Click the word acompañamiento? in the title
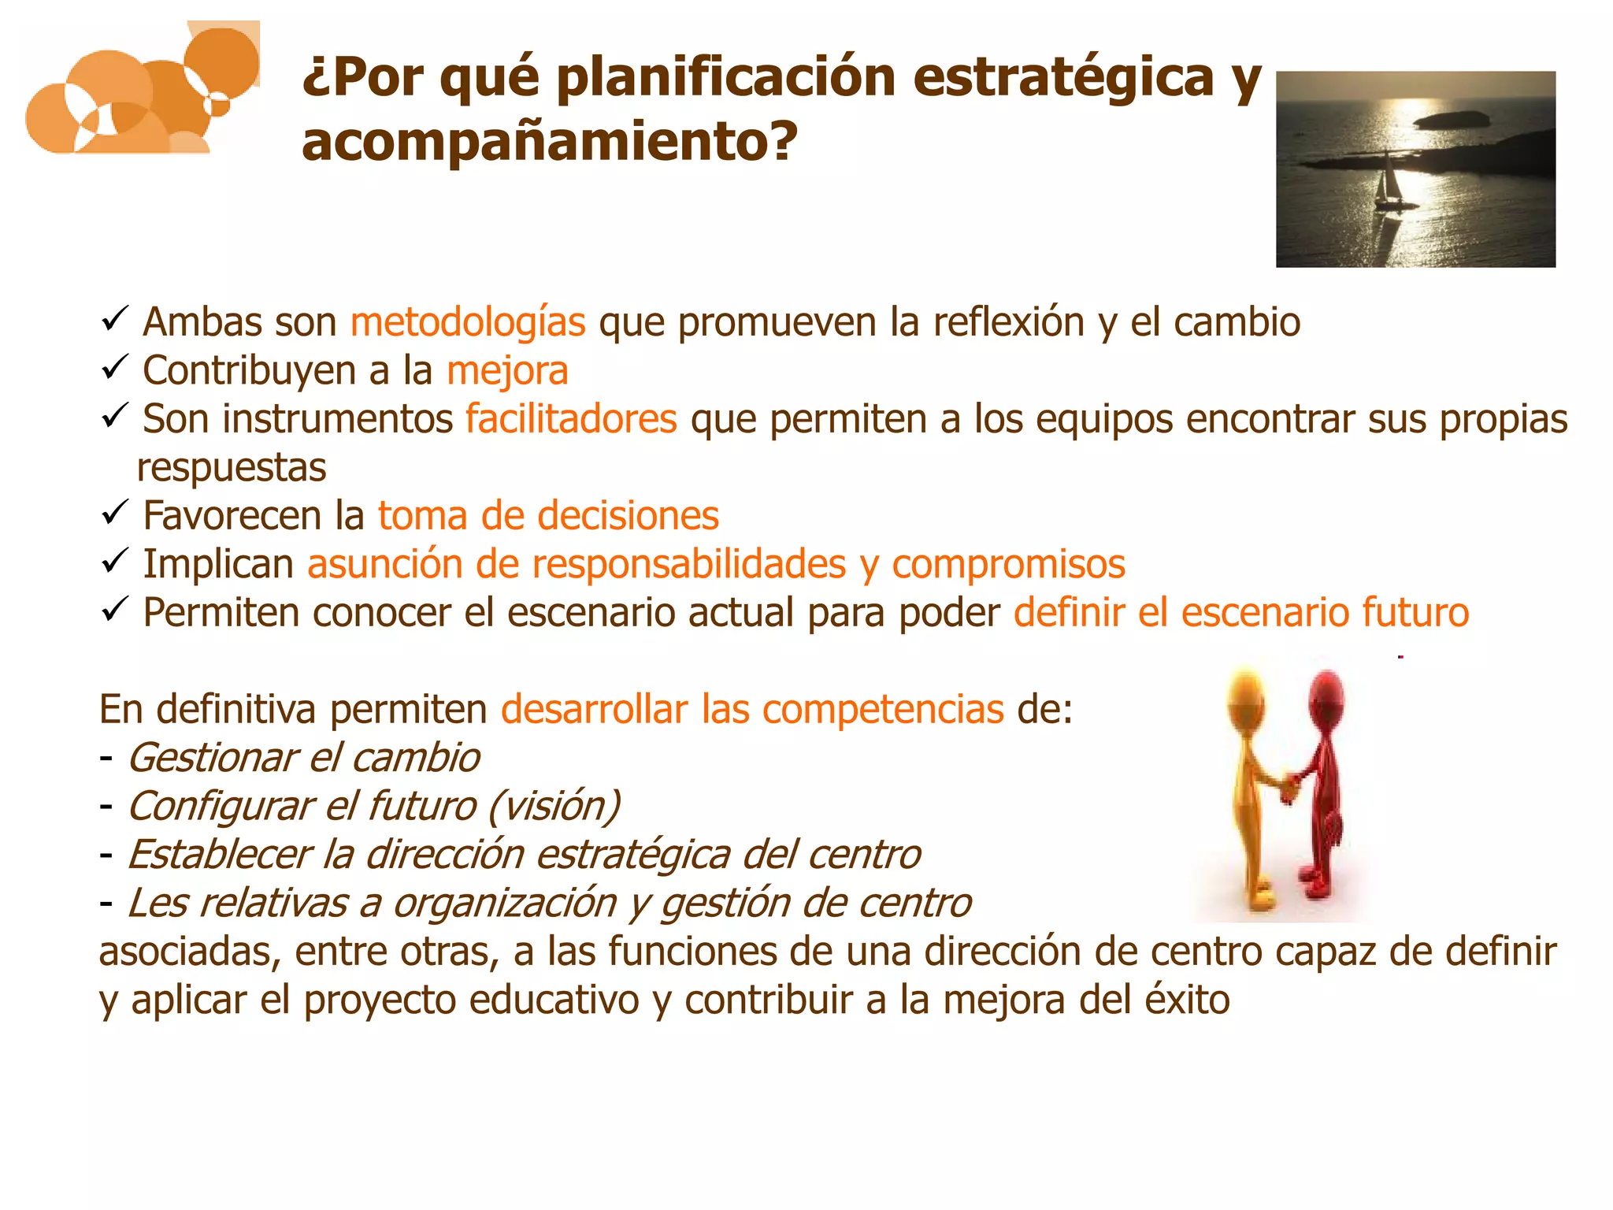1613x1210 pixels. (x=550, y=142)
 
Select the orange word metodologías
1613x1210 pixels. (x=468, y=322)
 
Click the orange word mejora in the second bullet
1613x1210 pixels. (x=507, y=371)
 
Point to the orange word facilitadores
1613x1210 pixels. (x=571, y=419)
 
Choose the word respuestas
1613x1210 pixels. (x=232, y=468)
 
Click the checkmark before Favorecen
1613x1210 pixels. (x=115, y=514)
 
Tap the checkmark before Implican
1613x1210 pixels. (x=115, y=562)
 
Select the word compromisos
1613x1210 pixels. (x=1008, y=564)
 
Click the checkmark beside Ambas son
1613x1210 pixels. (x=115, y=320)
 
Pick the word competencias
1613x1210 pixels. (x=883, y=709)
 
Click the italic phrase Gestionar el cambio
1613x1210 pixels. (x=304, y=758)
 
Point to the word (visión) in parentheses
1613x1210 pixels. (x=554, y=807)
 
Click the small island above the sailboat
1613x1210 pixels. (x=1451, y=120)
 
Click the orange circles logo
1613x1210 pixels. (x=143, y=91)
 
